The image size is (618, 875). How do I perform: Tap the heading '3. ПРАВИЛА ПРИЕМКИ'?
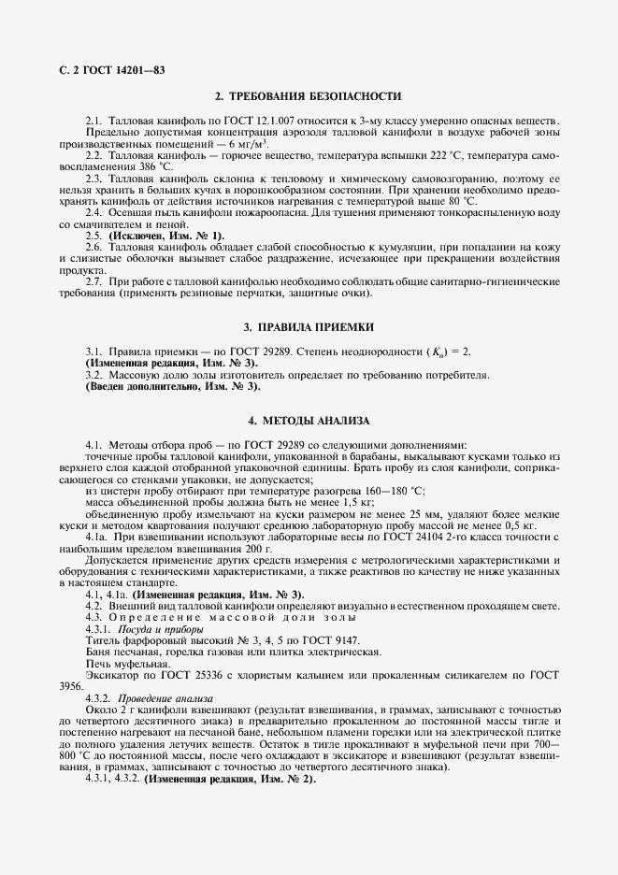coord(309,327)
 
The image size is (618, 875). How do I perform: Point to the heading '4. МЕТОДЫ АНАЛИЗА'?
coord(309,421)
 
